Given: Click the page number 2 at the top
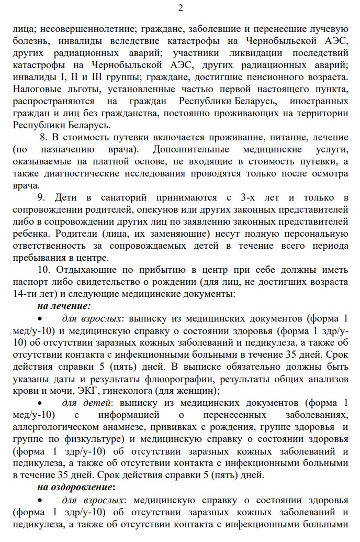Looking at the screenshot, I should (x=181, y=8).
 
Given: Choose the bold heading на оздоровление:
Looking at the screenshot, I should (x=75, y=488).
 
